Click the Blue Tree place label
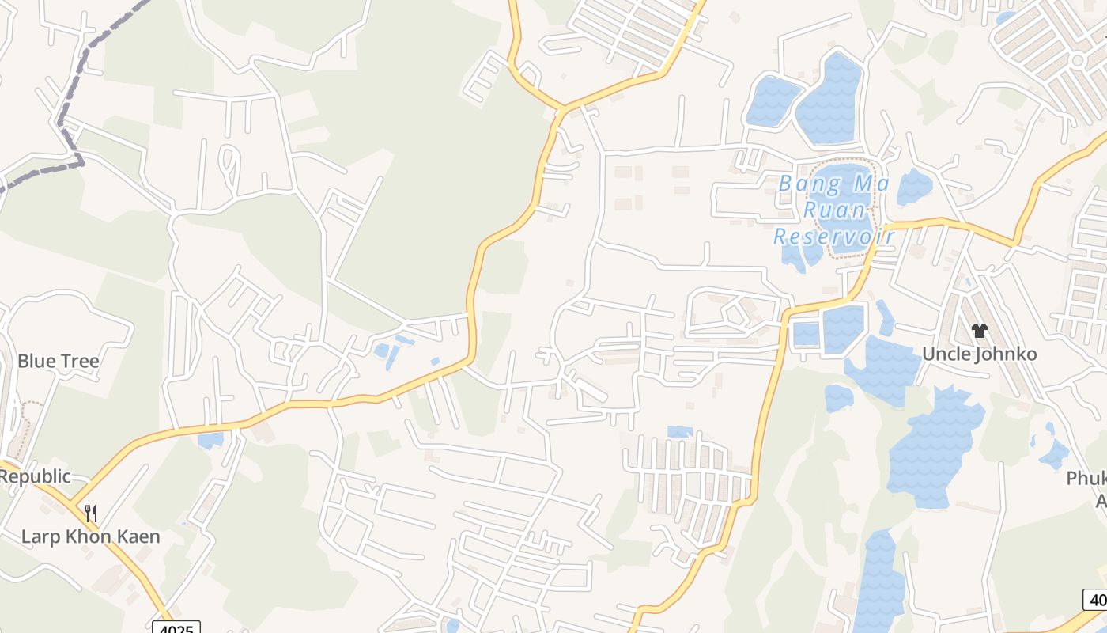tap(59, 362)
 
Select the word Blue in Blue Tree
tap(36, 362)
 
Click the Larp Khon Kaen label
tap(90, 536)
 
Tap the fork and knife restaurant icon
tap(91, 513)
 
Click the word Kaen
tap(138, 536)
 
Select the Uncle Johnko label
tap(979, 354)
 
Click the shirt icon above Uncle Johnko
tap(980, 331)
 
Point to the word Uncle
tap(947, 354)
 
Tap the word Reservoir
tap(833, 236)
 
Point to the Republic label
tap(35, 476)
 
